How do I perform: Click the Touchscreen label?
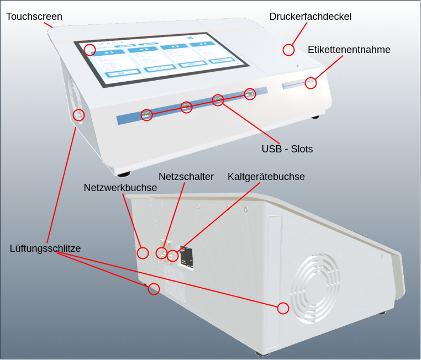[x=34, y=17]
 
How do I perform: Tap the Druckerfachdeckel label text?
[x=310, y=17]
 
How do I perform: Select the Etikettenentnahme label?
[x=349, y=50]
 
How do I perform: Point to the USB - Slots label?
[x=287, y=149]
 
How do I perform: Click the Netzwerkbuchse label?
[x=120, y=188]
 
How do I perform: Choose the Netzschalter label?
[x=186, y=177]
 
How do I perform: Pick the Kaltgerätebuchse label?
[x=266, y=177]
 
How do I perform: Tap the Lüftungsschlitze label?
[x=45, y=248]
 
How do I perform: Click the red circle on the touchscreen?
[x=90, y=50]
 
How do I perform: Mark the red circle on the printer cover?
[x=288, y=50]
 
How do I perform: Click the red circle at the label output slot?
[x=311, y=83]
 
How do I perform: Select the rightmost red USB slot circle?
[x=250, y=94]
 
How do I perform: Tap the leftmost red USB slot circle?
[x=146, y=115]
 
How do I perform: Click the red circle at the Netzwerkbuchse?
[x=143, y=253]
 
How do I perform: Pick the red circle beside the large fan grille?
[x=283, y=308]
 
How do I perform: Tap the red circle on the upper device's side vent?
[x=78, y=114]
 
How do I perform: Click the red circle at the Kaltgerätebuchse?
[x=173, y=255]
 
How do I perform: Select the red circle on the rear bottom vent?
[x=154, y=289]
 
